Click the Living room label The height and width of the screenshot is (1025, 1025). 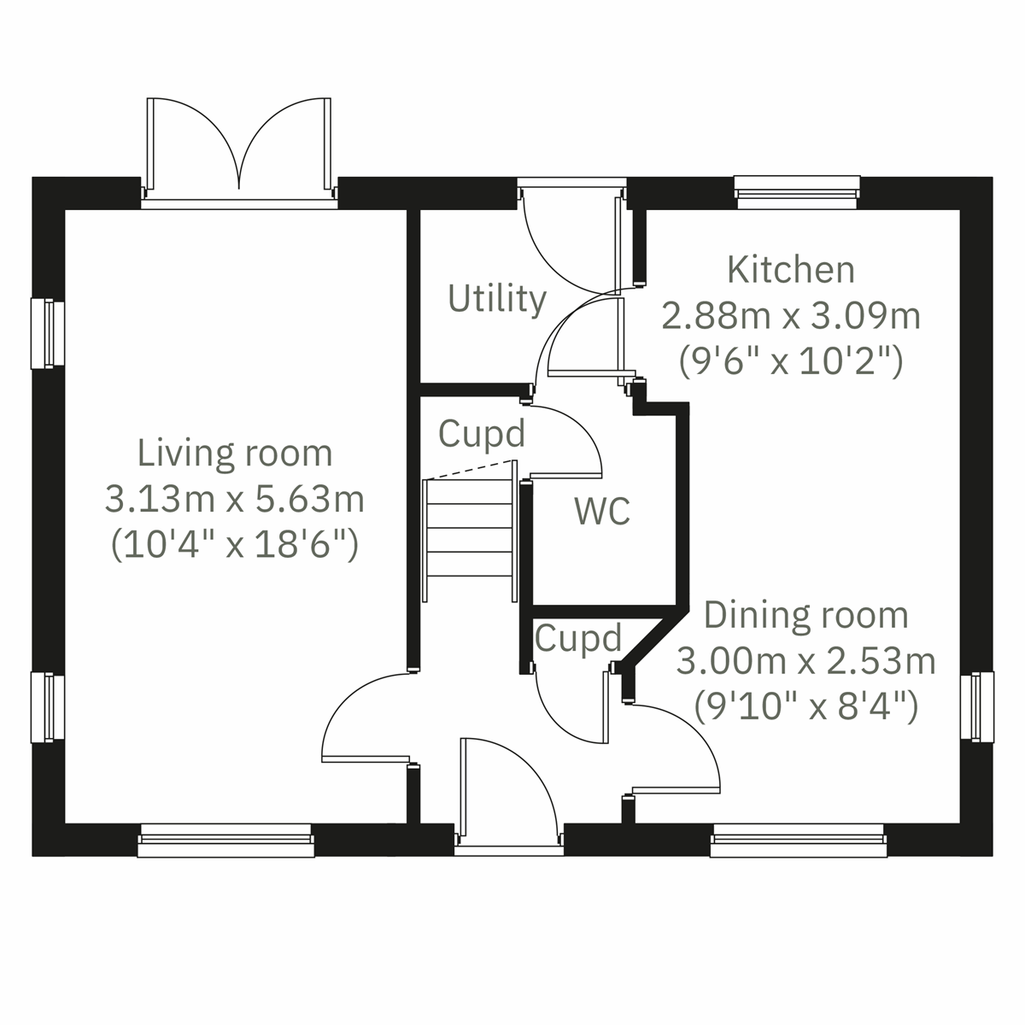click(x=235, y=454)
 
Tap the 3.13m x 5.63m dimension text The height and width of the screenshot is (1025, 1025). click(x=235, y=499)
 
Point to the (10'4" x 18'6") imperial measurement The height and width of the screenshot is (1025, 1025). click(x=235, y=544)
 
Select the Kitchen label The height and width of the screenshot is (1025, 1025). click(x=791, y=270)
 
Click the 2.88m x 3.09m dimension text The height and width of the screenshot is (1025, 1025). click(x=791, y=316)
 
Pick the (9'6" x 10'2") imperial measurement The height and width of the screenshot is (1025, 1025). click(x=791, y=361)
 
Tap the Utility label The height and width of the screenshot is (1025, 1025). click(x=497, y=300)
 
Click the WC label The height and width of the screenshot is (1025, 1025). click(x=602, y=512)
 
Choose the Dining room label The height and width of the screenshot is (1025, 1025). click(x=805, y=615)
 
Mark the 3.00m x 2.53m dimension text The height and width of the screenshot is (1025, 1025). click(x=805, y=660)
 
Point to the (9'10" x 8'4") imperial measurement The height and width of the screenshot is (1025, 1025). click(x=805, y=706)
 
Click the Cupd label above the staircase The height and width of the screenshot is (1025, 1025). click(x=481, y=434)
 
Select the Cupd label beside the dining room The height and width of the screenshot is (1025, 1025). click(x=578, y=638)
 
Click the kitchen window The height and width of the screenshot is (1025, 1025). click(x=797, y=191)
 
